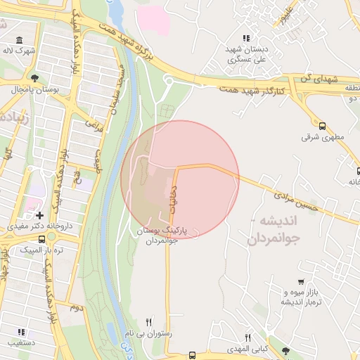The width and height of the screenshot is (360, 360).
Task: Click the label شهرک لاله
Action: pyautogui.click(x=18, y=51)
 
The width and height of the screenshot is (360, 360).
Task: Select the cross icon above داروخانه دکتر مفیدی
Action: pyautogui.click(x=39, y=214)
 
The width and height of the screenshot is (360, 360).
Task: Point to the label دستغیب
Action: pyautogui.click(x=22, y=343)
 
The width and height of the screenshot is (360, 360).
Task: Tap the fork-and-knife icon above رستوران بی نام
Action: pyautogui.click(x=148, y=321)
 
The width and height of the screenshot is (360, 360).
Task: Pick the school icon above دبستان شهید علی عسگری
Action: pyautogui.click(x=245, y=38)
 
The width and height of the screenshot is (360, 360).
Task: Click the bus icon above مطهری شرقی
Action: pyautogui.click(x=322, y=127)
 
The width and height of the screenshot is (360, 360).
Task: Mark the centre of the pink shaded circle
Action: pyautogui.click(x=180, y=179)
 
